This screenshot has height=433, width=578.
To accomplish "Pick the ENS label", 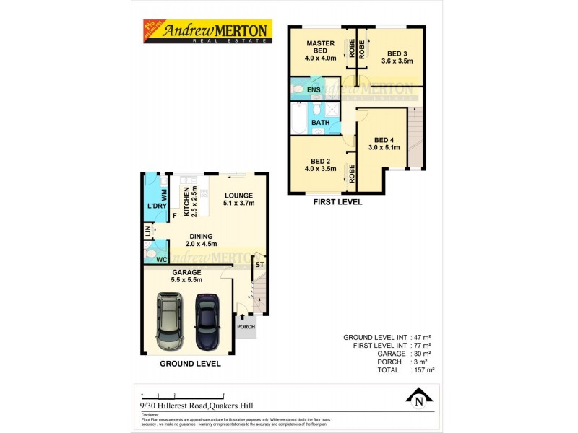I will [x=314, y=89].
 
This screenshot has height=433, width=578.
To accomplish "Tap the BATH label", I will [x=320, y=122].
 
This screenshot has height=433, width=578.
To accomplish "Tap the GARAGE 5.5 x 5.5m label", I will [x=186, y=276].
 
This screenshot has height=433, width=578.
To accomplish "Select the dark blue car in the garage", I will [x=206, y=320].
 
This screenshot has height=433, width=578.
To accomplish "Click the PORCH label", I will [x=245, y=327].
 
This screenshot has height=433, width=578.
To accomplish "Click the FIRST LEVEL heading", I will [x=337, y=202].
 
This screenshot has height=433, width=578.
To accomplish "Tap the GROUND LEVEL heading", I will [x=191, y=364].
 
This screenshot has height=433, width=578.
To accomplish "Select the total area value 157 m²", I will [x=423, y=369].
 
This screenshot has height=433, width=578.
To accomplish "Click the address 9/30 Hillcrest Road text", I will [x=189, y=406].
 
